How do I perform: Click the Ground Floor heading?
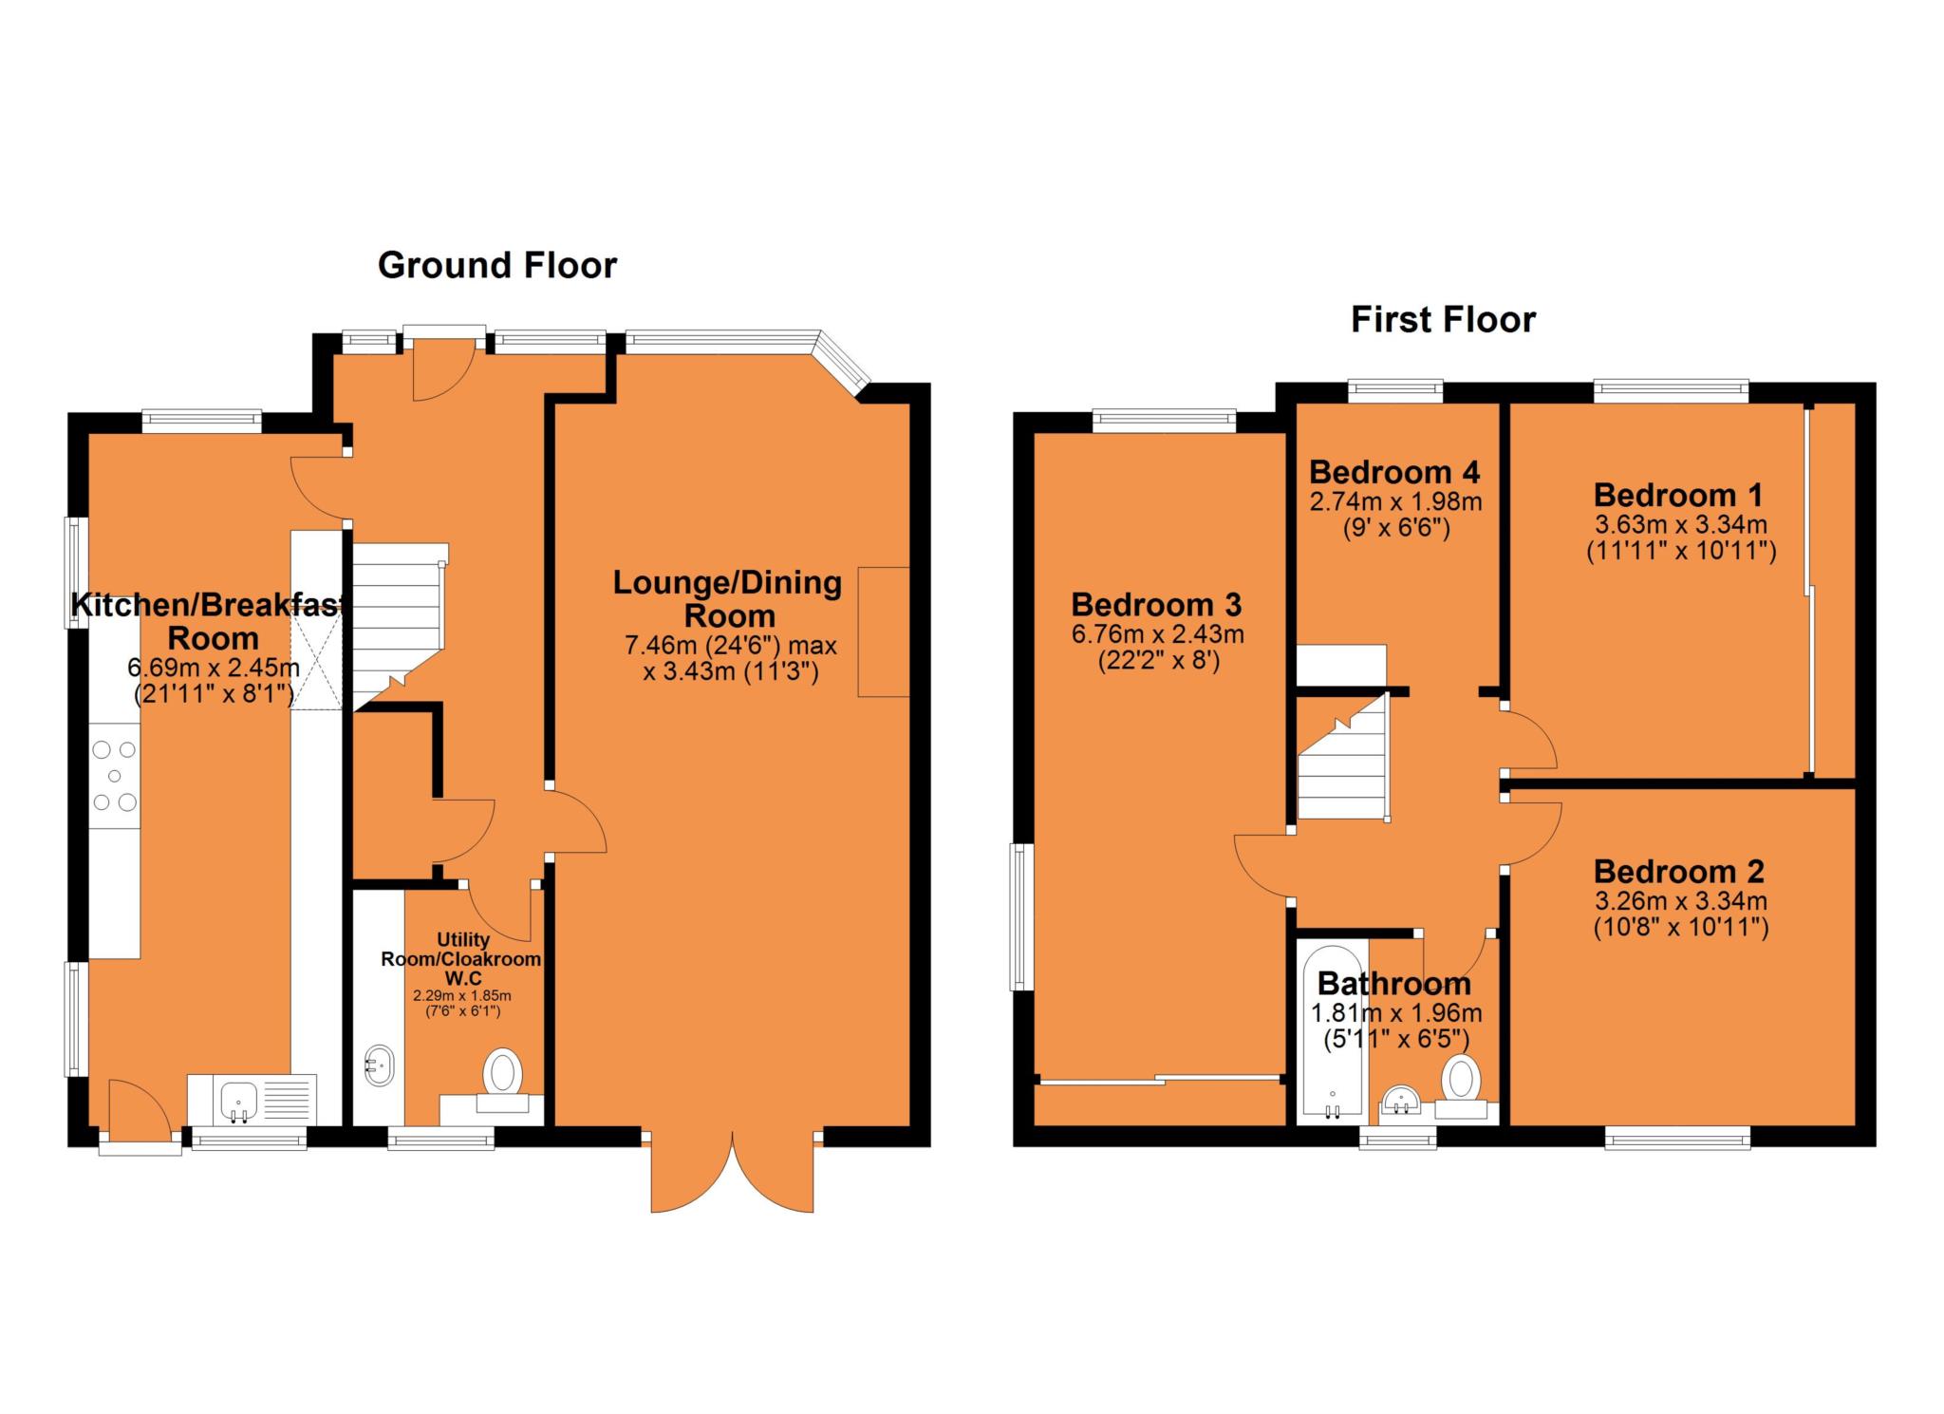coord(497,265)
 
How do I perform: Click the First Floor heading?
coord(1443,320)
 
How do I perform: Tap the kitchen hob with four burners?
coord(114,776)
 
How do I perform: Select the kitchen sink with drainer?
coord(252,1100)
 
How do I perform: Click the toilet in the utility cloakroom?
coord(502,1083)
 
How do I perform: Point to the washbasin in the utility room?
coord(379,1065)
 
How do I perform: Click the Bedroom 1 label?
coord(1678,495)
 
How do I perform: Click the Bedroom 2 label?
coord(1678,871)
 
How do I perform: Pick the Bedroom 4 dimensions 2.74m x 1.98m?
coord(1395,500)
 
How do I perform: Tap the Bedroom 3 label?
coord(1156,604)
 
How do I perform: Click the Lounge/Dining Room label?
coord(728,598)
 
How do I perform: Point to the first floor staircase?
coord(1343,757)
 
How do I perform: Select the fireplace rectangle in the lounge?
coord(884,632)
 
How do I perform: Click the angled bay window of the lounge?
coord(843,363)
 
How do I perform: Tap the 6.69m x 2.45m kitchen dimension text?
coord(214,668)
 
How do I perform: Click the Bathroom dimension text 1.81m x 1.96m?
coord(1396,1013)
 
